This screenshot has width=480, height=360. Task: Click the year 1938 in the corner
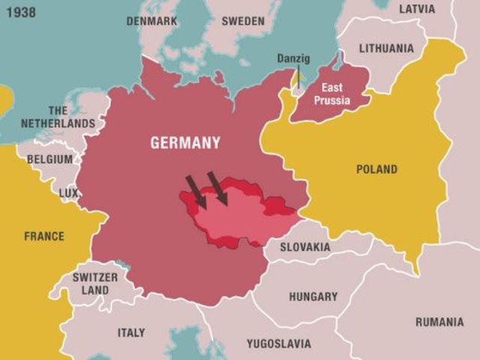(18, 12)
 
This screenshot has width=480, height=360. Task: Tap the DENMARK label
(151, 21)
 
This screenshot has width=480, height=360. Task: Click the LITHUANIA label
(386, 48)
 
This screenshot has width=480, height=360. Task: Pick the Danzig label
(293, 58)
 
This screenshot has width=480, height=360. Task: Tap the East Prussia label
(332, 94)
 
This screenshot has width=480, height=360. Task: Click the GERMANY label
(185, 142)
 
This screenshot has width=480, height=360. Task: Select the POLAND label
(376, 169)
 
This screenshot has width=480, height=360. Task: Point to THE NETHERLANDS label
(58, 117)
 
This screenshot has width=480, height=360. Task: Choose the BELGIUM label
(49, 159)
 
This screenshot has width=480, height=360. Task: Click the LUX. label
(69, 193)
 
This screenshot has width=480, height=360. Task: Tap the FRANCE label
(44, 236)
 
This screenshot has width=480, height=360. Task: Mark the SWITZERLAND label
(95, 283)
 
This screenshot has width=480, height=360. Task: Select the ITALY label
(131, 332)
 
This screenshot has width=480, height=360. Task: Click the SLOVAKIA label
(304, 247)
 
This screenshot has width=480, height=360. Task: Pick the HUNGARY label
(313, 296)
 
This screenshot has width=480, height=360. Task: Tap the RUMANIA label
(439, 322)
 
